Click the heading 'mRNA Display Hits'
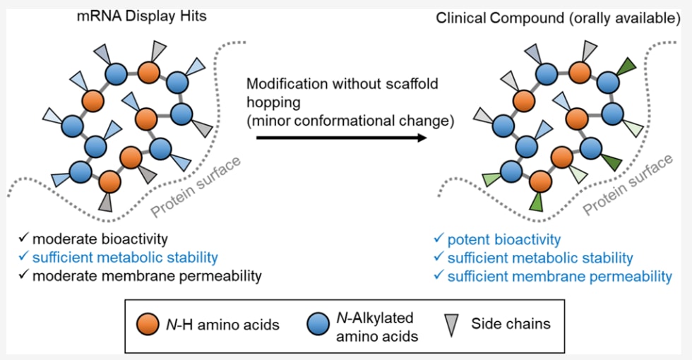click(141, 17)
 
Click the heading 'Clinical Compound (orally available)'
click(558, 18)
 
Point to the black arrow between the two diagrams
click(342, 138)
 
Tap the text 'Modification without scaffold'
click(342, 83)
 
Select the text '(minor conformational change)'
click(350, 121)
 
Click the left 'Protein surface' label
click(196, 187)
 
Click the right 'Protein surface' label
click(628, 185)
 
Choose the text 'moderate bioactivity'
click(100, 239)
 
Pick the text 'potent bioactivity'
click(504, 239)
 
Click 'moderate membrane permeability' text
click(147, 276)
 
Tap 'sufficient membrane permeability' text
click(559, 277)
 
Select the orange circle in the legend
click(148, 324)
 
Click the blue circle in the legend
click(318, 324)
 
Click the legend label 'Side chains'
click(511, 324)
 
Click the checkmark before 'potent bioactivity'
click(439, 239)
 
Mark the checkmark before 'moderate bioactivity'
click(23, 239)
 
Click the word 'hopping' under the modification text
click(274, 103)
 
